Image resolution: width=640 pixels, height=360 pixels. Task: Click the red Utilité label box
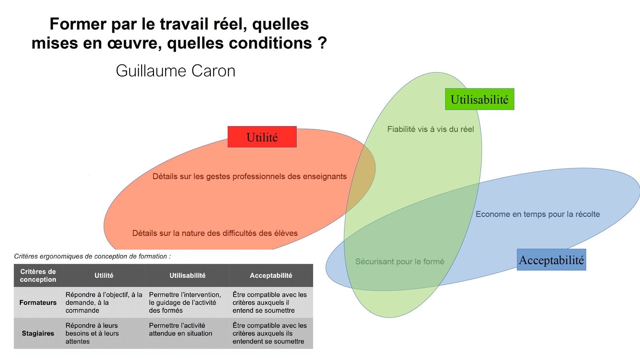coord(262,137)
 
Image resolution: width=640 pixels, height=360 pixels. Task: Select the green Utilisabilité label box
coord(479,100)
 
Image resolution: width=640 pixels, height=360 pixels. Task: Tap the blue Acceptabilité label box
coord(551,260)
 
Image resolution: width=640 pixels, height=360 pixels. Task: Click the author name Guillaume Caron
coord(176,71)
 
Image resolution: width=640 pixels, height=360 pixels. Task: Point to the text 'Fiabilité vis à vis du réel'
coord(430,129)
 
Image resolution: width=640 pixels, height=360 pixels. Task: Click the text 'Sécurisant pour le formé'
coord(400,262)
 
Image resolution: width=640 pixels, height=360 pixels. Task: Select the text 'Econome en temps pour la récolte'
coord(538,214)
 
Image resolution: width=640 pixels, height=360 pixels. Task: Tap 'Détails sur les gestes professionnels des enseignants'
coord(250,176)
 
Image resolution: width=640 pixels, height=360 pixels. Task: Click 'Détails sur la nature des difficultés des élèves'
coord(215,233)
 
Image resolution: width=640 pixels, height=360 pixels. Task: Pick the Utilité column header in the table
coord(104,275)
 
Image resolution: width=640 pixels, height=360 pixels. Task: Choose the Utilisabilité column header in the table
coord(187,275)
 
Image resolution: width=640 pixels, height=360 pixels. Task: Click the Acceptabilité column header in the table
coord(271,275)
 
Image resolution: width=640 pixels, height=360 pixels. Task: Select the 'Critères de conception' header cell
coord(38,275)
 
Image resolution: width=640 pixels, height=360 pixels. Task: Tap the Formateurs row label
coord(38,302)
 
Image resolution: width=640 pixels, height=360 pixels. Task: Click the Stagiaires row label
coord(38,333)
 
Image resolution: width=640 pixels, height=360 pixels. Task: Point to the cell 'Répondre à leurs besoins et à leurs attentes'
coord(92,333)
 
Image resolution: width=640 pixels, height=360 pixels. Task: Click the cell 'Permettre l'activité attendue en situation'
coord(180,330)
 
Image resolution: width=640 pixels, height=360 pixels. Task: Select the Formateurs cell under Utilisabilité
coord(184,302)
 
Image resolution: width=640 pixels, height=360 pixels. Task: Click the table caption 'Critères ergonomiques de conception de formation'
coord(92,256)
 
